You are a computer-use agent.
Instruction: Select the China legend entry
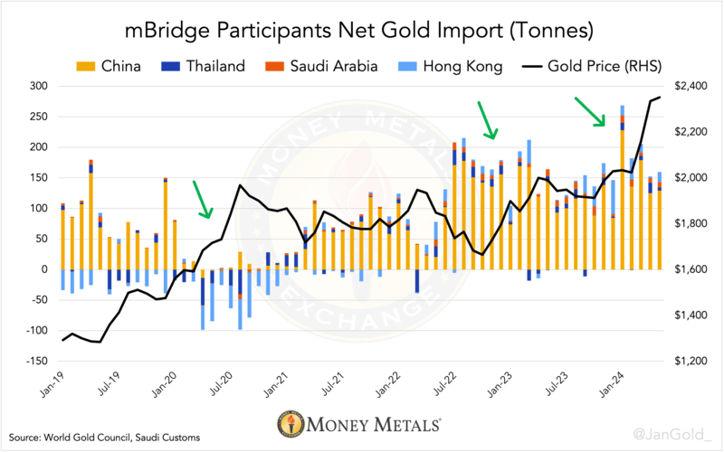click(x=109, y=66)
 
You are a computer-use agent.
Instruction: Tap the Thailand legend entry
click(x=203, y=66)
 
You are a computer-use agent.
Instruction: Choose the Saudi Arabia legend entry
click(x=321, y=66)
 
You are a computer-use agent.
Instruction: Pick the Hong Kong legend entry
click(x=450, y=66)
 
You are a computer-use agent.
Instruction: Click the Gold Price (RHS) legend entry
click(x=592, y=66)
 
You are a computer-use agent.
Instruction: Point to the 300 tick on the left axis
click(x=39, y=86)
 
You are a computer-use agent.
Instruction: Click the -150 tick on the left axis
click(x=36, y=361)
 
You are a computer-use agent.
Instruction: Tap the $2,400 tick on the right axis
click(x=691, y=86)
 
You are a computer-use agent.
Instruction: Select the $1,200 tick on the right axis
click(x=691, y=361)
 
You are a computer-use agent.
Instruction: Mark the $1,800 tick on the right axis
click(x=691, y=223)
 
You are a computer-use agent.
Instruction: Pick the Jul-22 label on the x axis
click(x=446, y=383)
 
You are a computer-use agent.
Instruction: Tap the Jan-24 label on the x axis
click(x=614, y=383)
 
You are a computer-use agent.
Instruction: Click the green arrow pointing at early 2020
click(x=203, y=199)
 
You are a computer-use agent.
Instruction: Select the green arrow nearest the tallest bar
click(x=590, y=111)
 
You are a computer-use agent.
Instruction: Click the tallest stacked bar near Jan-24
click(x=623, y=187)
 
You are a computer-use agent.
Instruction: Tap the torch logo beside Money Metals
click(x=291, y=423)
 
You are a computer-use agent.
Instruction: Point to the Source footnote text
click(x=104, y=438)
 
